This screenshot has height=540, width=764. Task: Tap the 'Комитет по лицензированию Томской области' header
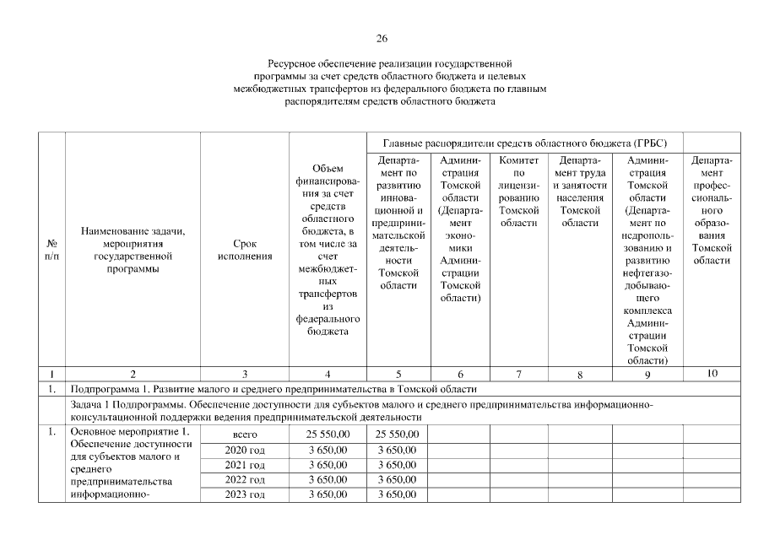(x=518, y=191)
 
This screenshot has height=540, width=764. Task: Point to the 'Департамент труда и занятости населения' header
(x=578, y=191)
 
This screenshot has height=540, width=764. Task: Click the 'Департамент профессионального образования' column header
(x=712, y=209)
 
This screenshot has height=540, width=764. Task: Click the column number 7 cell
(x=518, y=374)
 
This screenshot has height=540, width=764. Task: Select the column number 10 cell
(x=712, y=373)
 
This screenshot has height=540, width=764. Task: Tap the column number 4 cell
(x=328, y=374)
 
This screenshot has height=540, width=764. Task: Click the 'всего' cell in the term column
(x=245, y=434)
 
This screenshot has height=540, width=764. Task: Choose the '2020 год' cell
(x=245, y=450)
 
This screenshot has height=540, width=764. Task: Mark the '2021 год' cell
(x=245, y=465)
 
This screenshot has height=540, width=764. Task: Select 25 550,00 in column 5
(x=398, y=434)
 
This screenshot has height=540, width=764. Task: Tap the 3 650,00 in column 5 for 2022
(x=398, y=479)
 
